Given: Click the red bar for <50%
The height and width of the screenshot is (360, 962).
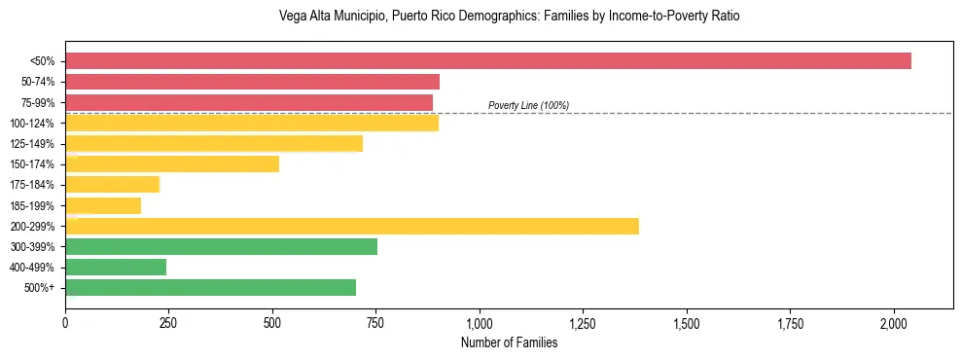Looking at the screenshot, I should [x=486, y=61].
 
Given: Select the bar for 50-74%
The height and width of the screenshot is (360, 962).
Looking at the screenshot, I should [x=252, y=82].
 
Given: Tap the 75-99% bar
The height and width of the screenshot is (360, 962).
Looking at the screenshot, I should [x=249, y=102].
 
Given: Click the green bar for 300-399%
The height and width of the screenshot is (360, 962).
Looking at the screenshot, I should [x=221, y=246].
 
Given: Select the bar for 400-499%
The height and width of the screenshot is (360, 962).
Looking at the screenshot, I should [x=116, y=267].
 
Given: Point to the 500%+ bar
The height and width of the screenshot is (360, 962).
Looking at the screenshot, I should [x=210, y=287].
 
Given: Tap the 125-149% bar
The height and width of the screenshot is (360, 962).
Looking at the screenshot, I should [x=214, y=144].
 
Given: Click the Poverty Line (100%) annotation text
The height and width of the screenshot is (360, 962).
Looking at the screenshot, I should [x=528, y=105].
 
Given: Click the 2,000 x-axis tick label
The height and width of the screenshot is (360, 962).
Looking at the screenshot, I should [x=894, y=322].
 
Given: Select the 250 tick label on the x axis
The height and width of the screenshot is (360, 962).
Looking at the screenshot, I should [x=168, y=322].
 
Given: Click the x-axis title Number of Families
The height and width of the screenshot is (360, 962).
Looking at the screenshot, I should [x=509, y=342].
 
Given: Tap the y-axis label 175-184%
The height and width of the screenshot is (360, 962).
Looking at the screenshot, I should [x=32, y=185].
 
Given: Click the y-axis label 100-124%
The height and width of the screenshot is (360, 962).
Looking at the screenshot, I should [x=32, y=124].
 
